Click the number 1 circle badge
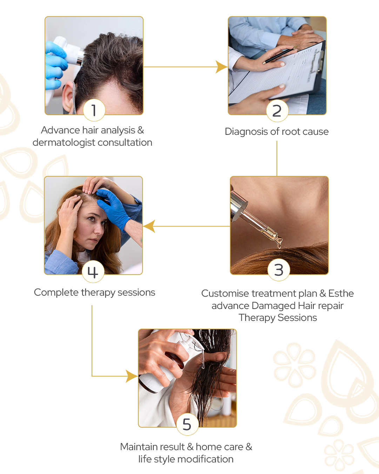tap(94, 110)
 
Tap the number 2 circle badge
tap(277, 111)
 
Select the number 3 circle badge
tap(279, 270)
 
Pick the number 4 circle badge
tap(93, 271)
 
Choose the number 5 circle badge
tap(187, 424)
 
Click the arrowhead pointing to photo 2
tap(221, 67)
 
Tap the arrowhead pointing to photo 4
tap(149, 226)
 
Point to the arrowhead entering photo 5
tap(132, 376)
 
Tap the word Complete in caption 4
tap(56, 293)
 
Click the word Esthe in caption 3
tap(341, 294)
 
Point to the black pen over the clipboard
tap(280, 54)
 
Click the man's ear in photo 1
tap(68, 97)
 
